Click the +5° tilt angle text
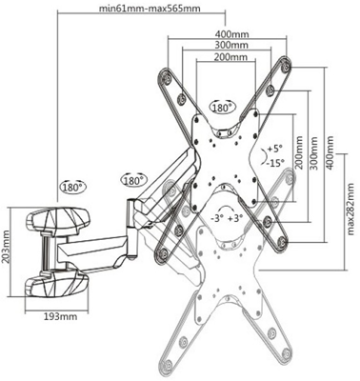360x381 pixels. pos(275,149)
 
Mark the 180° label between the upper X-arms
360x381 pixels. pos(223,107)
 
